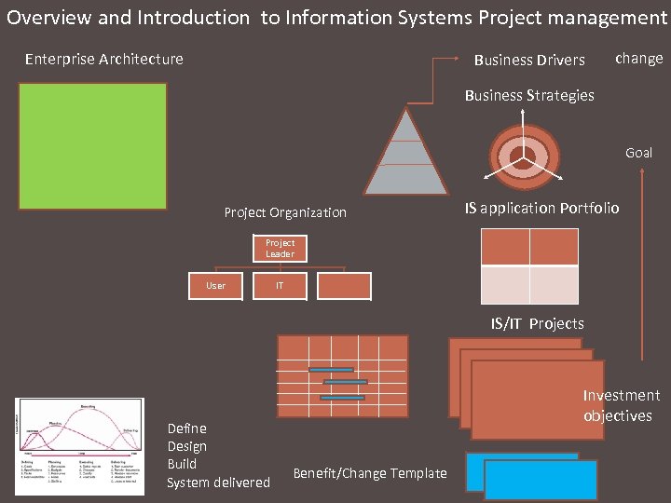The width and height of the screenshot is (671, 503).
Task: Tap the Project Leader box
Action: pyautogui.click(x=280, y=249)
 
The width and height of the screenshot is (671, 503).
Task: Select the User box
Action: pyautogui.click(x=215, y=286)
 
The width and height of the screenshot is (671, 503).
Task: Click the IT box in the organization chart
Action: pyautogui.click(x=280, y=286)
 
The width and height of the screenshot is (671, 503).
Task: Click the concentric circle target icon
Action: pyautogui.click(x=523, y=155)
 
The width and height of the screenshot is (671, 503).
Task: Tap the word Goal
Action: pyautogui.click(x=638, y=153)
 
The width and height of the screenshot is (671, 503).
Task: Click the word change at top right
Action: pyautogui.click(x=639, y=58)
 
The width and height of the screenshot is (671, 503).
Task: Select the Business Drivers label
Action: pyautogui.click(x=529, y=60)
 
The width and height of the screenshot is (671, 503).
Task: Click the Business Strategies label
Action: pyautogui.click(x=528, y=95)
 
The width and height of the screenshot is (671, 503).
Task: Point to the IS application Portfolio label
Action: pyautogui.click(x=541, y=208)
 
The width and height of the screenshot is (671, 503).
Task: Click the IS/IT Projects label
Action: pyautogui.click(x=538, y=323)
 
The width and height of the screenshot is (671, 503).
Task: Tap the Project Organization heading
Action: pyautogui.click(x=285, y=212)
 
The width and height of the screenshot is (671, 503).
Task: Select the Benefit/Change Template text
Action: pyautogui.click(x=370, y=473)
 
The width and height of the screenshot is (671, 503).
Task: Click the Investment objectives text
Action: pyautogui.click(x=621, y=405)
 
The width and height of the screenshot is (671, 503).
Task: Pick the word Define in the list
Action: pyautogui.click(x=186, y=428)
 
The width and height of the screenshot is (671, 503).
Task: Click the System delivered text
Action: pyautogui.click(x=218, y=483)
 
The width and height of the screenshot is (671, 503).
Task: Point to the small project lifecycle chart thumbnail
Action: pyautogui.click(x=80, y=446)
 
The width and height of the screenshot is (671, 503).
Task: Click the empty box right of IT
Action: pyautogui.click(x=344, y=286)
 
